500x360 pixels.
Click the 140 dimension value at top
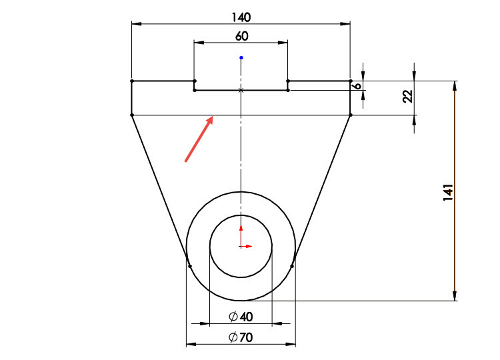(x=241, y=17)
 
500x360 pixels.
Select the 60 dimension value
(x=241, y=36)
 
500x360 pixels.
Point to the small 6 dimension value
(x=357, y=86)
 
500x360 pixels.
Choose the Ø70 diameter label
(x=240, y=338)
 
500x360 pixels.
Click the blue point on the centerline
(x=241, y=57)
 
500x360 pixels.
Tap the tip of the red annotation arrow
(x=213, y=117)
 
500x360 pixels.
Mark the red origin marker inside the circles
(x=241, y=246)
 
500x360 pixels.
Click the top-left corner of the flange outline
(x=131, y=81)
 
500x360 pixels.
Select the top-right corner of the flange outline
(x=351, y=81)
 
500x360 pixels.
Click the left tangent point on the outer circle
(x=190, y=266)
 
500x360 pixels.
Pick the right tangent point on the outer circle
(x=293, y=266)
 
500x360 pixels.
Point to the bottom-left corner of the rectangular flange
(x=131, y=115)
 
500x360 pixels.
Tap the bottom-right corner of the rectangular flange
(x=351, y=115)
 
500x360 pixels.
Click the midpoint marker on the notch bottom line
(x=241, y=90)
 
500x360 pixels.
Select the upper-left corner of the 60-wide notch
(x=194, y=81)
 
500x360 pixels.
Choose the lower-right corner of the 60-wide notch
(x=288, y=90)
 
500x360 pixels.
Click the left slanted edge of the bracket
(x=160, y=189)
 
